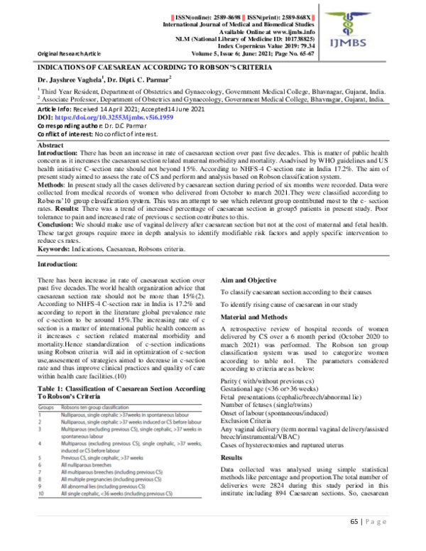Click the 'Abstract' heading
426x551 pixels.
coord(50,145)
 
